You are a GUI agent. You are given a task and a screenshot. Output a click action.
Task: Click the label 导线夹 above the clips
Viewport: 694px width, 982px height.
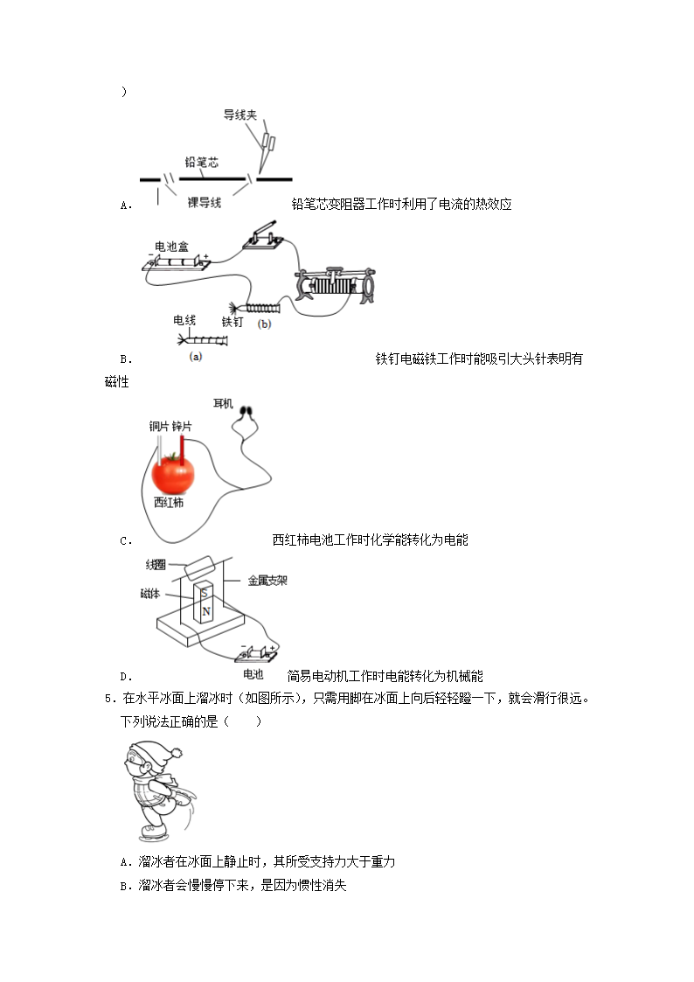click(x=239, y=115)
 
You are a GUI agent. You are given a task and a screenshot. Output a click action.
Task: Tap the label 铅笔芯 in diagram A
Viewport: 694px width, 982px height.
click(x=201, y=163)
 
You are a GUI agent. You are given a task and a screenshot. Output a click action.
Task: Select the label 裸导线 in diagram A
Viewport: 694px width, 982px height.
click(x=205, y=202)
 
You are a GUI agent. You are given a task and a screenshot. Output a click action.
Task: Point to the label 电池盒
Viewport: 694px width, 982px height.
click(x=171, y=246)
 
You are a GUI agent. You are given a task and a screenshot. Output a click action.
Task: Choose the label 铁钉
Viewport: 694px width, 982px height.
click(x=232, y=322)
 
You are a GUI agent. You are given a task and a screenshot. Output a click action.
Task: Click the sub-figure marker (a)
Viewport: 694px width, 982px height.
click(x=196, y=356)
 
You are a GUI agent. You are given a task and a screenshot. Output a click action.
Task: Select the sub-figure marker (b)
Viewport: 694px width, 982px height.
click(x=265, y=324)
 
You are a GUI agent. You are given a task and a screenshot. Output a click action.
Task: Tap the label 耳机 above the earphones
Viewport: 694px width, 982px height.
click(x=223, y=403)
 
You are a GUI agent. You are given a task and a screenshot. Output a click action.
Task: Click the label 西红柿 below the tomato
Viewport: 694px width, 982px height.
click(x=169, y=502)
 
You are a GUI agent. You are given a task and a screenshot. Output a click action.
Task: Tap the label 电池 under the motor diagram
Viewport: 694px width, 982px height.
click(x=253, y=674)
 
